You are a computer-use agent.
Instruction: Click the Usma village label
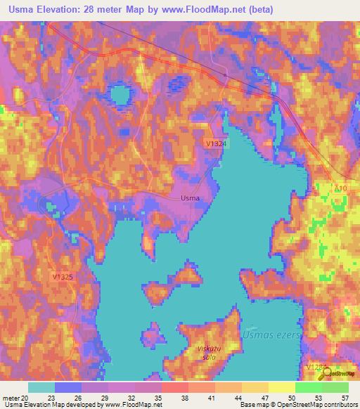[190, 197]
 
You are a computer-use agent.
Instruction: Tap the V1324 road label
[215, 143]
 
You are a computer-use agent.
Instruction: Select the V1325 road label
[62, 277]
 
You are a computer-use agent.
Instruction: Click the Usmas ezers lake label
[270, 335]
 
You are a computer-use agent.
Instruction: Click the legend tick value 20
[26, 398]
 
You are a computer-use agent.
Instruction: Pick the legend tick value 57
[345, 398]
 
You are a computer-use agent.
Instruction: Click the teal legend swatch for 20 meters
[41, 387]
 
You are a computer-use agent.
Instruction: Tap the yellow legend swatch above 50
[282, 387]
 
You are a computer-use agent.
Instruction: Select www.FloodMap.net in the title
[206, 9]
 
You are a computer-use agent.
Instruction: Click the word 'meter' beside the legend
[11, 398]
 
